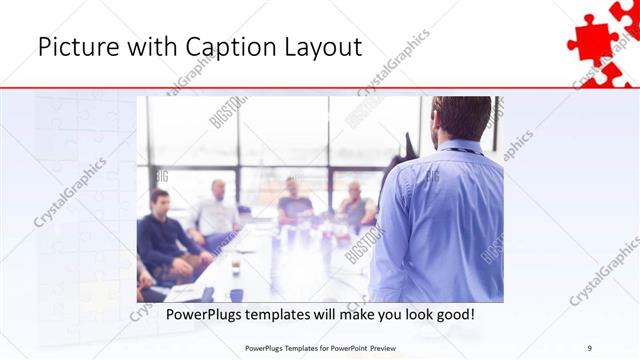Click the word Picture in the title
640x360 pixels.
click(71, 47)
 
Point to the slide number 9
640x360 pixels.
click(590, 347)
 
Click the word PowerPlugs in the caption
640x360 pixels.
click(201, 315)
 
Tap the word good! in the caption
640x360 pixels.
click(453, 315)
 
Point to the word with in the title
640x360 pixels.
click(139, 47)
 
